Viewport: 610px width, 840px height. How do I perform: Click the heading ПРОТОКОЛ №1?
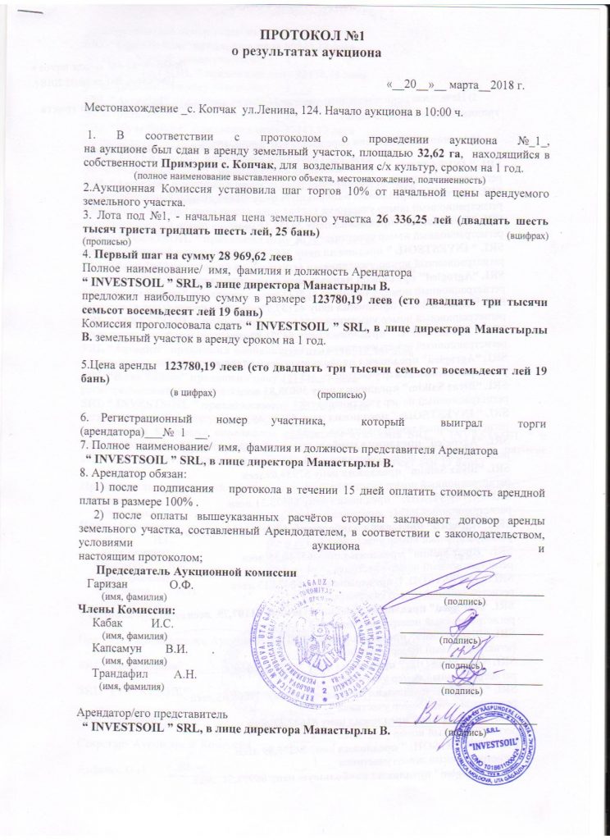point(304,35)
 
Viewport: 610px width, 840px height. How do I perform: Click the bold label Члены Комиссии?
point(125,609)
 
